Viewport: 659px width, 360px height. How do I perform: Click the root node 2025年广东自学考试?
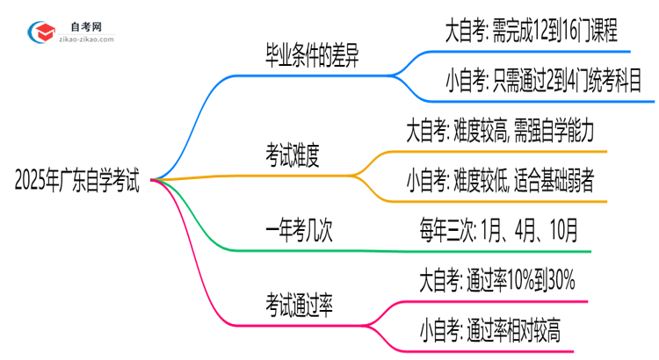click(77, 182)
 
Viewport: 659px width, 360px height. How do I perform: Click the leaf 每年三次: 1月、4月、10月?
click(498, 231)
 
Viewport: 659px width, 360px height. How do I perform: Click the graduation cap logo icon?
click(42, 32)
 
